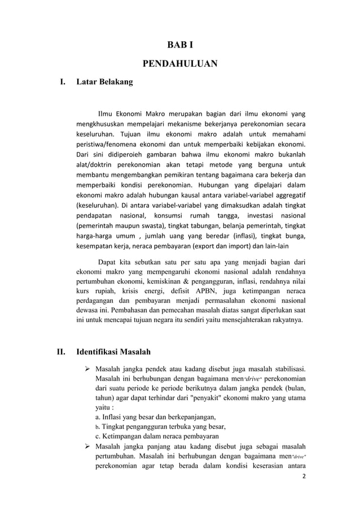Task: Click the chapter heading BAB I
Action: click(x=179, y=44)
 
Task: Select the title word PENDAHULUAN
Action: click(x=179, y=63)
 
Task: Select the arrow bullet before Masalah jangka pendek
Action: click(x=87, y=368)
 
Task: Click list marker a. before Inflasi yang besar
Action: click(x=98, y=417)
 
